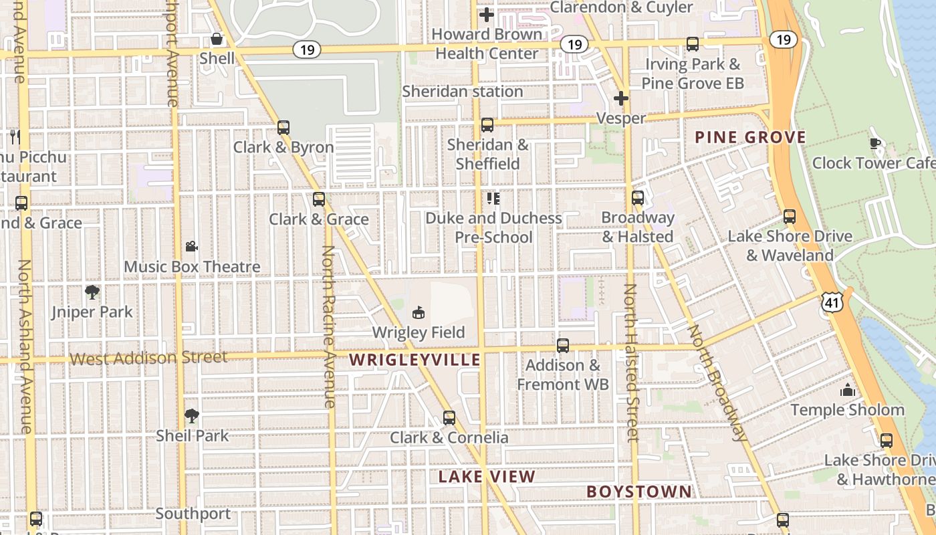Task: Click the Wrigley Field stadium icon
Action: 419,312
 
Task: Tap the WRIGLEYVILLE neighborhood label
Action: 415,360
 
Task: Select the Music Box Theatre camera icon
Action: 192,246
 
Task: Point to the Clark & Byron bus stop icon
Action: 283,127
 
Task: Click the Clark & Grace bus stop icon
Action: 319,199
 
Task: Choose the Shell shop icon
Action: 217,39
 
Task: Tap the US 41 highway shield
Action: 832,303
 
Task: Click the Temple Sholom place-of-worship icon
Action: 848,390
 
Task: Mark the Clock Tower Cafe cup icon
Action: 874,142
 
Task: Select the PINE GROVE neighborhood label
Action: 750,138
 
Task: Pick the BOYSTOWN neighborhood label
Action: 639,492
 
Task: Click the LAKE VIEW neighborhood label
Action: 487,477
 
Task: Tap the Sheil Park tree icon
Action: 192,416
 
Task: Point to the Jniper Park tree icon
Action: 92,292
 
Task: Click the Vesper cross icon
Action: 621,98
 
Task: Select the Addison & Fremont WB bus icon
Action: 563,345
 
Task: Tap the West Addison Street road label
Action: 148,358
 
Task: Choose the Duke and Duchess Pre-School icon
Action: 493,198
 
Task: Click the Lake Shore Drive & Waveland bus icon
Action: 790,217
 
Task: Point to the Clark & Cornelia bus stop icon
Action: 449,418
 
